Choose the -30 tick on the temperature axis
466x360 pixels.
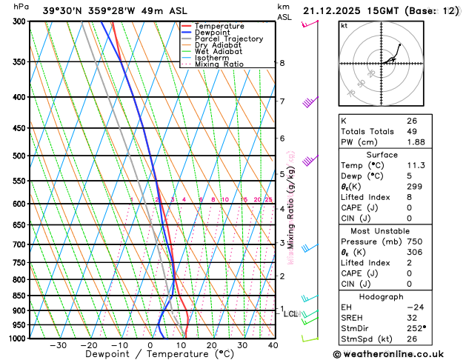pos(58,345)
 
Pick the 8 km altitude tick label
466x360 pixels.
pos(282,63)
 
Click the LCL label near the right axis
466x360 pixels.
pos(291,314)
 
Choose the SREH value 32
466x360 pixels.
pos(413,318)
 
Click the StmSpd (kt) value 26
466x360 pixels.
pos(413,340)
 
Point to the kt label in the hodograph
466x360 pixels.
pos(344,25)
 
